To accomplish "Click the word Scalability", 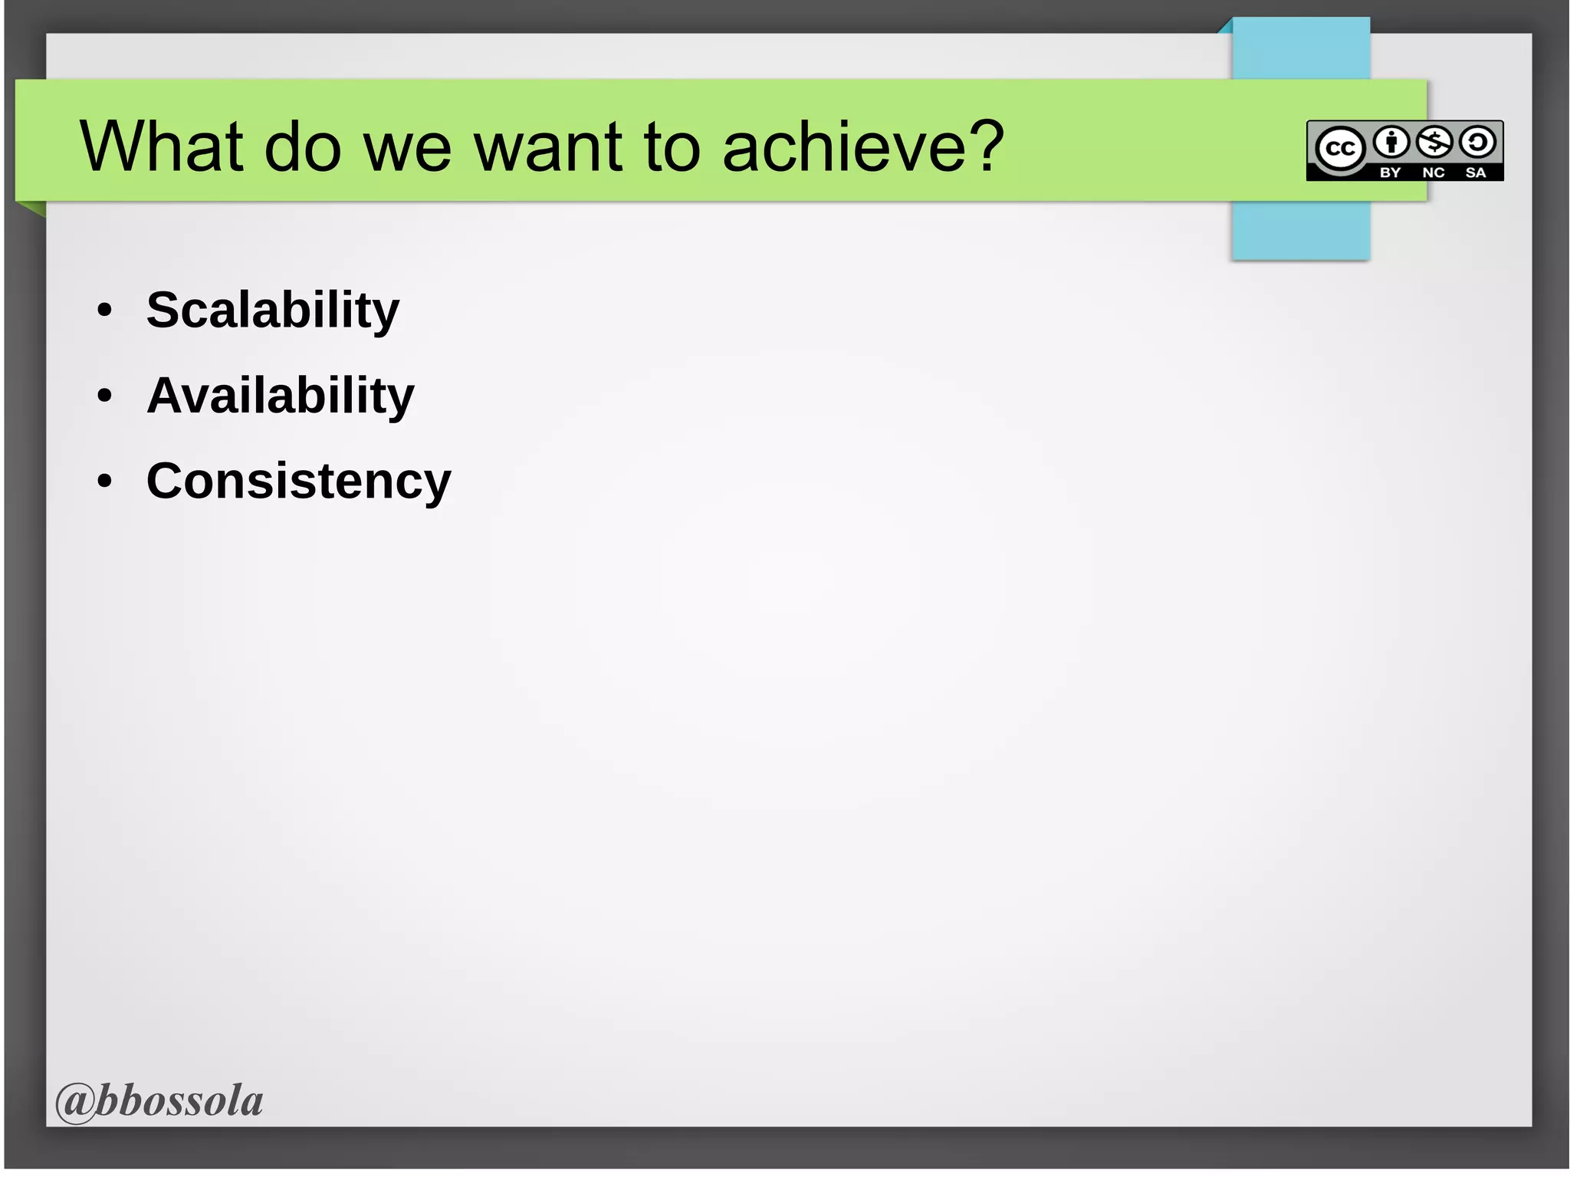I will pos(273,311).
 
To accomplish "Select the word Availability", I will pos(281,396).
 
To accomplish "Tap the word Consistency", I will pos(299,482).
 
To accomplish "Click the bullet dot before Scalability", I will pos(105,311).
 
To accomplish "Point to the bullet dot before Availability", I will pos(105,396).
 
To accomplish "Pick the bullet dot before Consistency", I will pos(105,482).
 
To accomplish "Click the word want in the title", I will pos(549,147).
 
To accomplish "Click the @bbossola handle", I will pos(159,1101).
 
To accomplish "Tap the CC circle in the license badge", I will pos(1340,148).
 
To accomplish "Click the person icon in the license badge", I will pos(1391,142).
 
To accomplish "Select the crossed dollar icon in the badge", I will pos(1434,142).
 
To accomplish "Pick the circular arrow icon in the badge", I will pos(1477,142).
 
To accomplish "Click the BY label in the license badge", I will pos(1390,173).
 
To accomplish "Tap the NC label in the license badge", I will pos(1433,173).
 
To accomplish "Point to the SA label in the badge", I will pos(1476,173).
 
